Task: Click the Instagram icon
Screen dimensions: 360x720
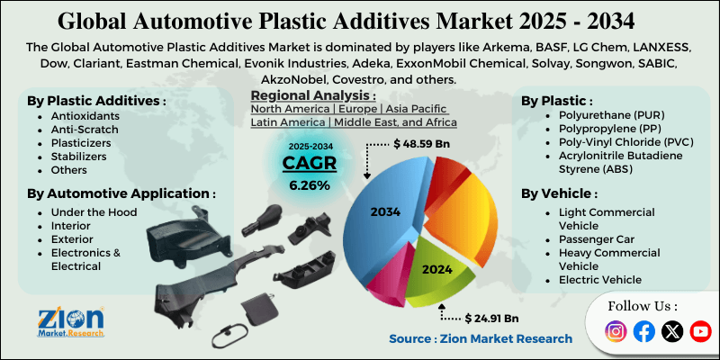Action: coord(616,331)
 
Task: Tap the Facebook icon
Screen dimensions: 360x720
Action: coord(643,331)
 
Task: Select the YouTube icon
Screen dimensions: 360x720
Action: coord(700,331)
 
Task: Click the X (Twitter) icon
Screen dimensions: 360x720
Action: coord(672,331)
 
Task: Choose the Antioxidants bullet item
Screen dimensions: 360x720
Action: coord(85,116)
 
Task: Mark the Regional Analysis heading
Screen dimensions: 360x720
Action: coord(313,96)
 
